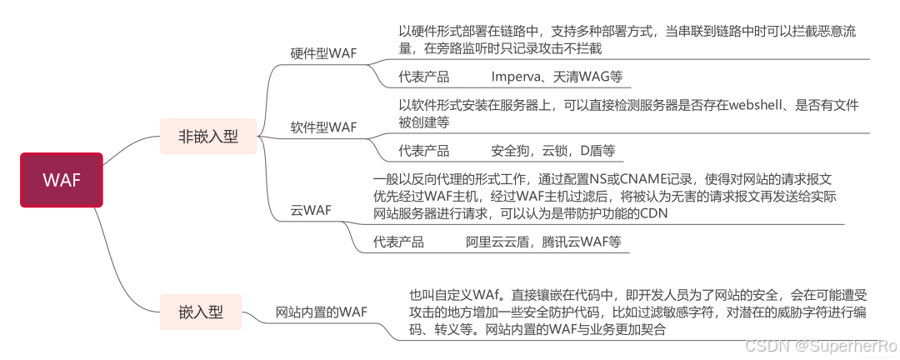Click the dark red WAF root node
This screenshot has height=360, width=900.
point(62,180)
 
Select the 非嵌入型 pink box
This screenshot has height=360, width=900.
point(208,137)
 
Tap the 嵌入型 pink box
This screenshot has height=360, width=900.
point(201,312)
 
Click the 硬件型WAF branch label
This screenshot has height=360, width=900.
point(323,53)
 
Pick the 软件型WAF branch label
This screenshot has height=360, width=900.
point(323,127)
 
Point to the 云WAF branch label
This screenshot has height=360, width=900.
point(311,210)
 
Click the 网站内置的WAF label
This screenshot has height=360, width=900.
point(321,312)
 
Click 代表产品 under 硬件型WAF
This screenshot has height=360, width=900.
point(423,77)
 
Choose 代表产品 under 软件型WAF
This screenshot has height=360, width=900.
point(423,151)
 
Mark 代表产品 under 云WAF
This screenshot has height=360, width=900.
point(398,242)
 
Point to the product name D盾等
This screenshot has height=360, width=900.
point(596,151)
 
